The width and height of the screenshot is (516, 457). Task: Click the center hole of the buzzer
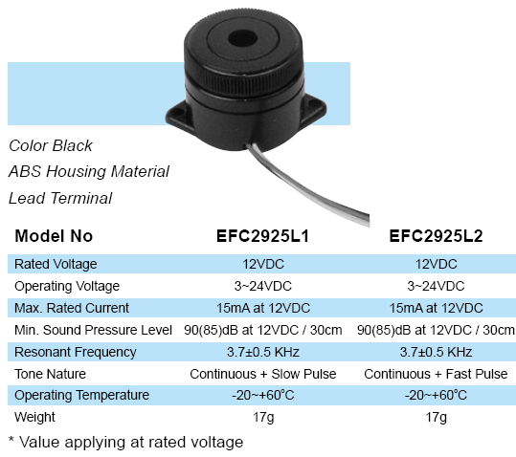tap(242, 39)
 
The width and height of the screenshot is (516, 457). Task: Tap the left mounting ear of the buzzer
tap(176, 114)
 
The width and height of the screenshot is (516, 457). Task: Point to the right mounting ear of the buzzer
tap(314, 107)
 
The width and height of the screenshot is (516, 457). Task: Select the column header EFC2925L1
tap(262, 236)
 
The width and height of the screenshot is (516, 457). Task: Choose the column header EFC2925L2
tap(436, 236)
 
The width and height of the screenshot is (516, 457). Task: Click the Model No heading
tap(54, 236)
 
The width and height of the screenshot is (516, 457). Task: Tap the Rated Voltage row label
tap(56, 264)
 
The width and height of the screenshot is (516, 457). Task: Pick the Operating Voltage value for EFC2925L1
tap(262, 286)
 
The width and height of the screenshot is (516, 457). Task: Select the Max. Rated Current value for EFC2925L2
tap(436, 308)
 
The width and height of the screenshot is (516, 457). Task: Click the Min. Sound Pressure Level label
tap(93, 330)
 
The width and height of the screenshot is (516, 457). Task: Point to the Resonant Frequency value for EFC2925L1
tap(263, 352)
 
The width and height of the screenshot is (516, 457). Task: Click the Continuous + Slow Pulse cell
tap(263, 374)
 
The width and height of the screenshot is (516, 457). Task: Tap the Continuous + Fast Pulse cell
tap(436, 374)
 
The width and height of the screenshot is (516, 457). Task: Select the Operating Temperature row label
tap(81, 395)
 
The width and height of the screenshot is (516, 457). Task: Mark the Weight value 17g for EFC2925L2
tap(436, 417)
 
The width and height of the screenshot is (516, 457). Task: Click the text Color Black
tap(51, 145)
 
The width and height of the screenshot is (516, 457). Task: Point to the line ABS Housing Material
tap(89, 171)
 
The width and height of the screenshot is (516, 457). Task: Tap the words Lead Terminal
tap(60, 198)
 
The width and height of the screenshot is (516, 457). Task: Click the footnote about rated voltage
tap(125, 443)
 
